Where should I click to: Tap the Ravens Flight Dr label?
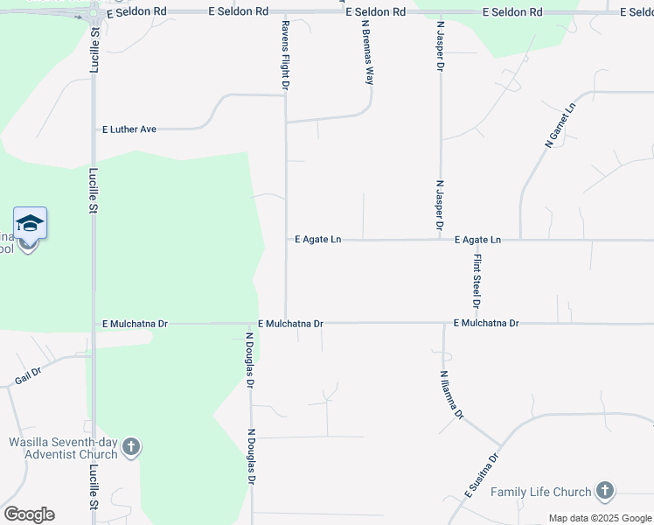click(x=285, y=55)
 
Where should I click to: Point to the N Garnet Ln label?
click(x=561, y=124)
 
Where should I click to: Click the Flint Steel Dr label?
click(x=477, y=280)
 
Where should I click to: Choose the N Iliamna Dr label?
click(x=451, y=395)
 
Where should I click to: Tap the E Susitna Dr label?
click(x=482, y=476)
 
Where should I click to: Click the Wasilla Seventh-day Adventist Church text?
click(x=63, y=448)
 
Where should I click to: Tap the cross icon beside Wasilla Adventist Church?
click(x=131, y=448)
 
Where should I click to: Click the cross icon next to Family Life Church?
click(x=604, y=492)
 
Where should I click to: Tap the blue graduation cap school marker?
click(x=30, y=224)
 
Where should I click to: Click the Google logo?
click(x=29, y=514)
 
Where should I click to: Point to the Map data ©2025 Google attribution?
click(x=600, y=518)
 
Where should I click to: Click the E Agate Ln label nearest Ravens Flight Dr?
click(x=317, y=239)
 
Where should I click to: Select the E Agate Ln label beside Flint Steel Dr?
click(x=477, y=239)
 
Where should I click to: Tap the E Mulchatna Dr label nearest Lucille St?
click(x=134, y=324)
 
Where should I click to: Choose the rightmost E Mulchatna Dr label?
click(x=486, y=324)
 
